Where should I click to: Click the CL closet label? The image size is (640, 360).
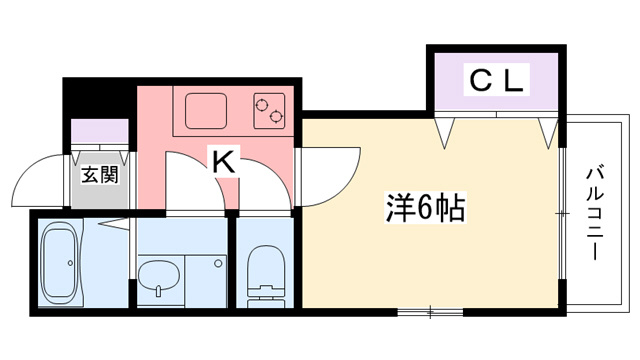point(496,80)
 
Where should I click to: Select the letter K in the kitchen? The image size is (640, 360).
point(224,161)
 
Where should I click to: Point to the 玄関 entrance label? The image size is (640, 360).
point(100,175)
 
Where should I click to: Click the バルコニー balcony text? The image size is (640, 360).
point(596,213)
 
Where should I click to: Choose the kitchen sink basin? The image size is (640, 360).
point(206,111)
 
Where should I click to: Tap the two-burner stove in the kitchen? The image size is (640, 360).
point(269,111)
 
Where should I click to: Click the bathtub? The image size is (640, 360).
point(60,263)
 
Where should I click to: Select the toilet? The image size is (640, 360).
point(266,276)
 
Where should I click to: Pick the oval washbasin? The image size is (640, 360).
point(158,276)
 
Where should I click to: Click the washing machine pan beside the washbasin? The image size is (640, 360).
point(205,281)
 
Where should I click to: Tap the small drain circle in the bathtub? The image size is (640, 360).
point(70,263)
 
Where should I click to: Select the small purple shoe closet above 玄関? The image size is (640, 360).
point(100,131)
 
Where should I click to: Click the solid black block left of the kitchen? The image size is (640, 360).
point(99,98)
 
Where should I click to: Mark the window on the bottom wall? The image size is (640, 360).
point(430,313)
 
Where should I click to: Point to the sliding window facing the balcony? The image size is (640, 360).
point(562,213)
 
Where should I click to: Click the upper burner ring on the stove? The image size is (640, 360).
point(261,104)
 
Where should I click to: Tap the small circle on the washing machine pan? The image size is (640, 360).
point(218,263)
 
